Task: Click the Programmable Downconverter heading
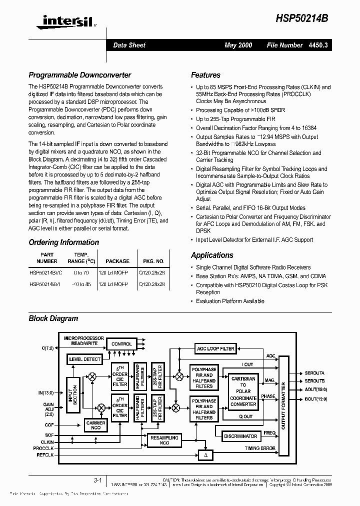point(79,75)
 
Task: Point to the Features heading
point(205,75)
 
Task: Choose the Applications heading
point(212,255)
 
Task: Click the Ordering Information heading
point(63,242)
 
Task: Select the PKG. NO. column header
point(153,261)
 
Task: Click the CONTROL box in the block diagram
point(121,344)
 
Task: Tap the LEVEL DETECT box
point(85,359)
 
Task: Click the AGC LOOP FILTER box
point(215,348)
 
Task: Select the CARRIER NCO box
point(95,425)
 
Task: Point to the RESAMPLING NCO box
point(164,440)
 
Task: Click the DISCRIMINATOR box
point(240,436)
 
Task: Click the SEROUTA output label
point(314,373)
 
